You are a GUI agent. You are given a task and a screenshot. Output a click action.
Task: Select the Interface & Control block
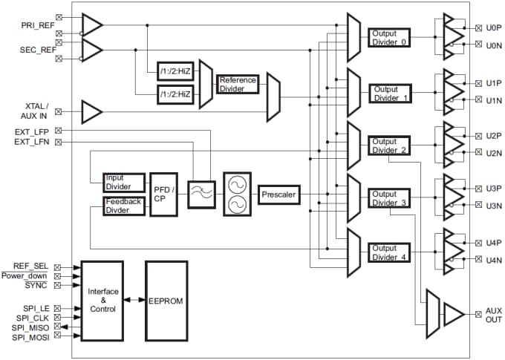point(102,301)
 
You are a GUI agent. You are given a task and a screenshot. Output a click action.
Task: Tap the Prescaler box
point(278,194)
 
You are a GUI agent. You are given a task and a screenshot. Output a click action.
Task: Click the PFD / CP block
point(163,194)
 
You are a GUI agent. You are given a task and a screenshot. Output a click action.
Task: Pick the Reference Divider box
point(237,84)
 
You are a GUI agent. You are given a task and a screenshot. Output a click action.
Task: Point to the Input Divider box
point(123,183)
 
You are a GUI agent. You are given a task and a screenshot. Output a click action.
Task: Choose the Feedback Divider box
point(123,206)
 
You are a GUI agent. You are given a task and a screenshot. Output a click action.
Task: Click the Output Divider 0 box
point(389,38)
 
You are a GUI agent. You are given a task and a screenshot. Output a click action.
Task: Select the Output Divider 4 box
point(389,252)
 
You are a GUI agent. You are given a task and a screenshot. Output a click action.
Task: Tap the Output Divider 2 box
point(389,145)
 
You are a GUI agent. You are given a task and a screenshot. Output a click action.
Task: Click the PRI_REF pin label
point(38,25)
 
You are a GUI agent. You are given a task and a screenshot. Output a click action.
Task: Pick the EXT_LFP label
point(32,131)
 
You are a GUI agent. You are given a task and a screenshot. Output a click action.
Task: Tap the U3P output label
point(494,189)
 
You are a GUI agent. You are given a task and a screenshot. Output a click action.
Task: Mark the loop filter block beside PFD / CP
point(201,194)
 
